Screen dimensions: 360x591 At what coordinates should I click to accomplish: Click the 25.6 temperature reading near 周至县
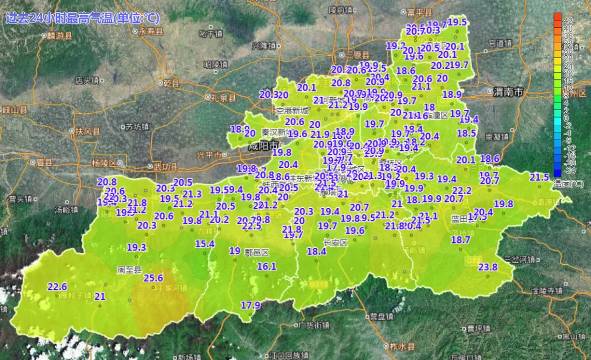point(154,278)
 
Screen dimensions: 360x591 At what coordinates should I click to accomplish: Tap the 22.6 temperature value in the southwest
point(57,286)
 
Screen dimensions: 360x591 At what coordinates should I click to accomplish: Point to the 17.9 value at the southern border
point(251,305)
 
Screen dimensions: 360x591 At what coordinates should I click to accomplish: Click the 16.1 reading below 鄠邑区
point(266,266)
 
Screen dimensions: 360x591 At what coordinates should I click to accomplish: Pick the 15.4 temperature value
point(205,244)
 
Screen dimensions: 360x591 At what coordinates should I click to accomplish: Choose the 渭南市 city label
point(508,91)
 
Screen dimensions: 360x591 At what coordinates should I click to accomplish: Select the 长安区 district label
point(335,242)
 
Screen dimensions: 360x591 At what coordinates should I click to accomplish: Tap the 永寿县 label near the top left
point(150,32)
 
